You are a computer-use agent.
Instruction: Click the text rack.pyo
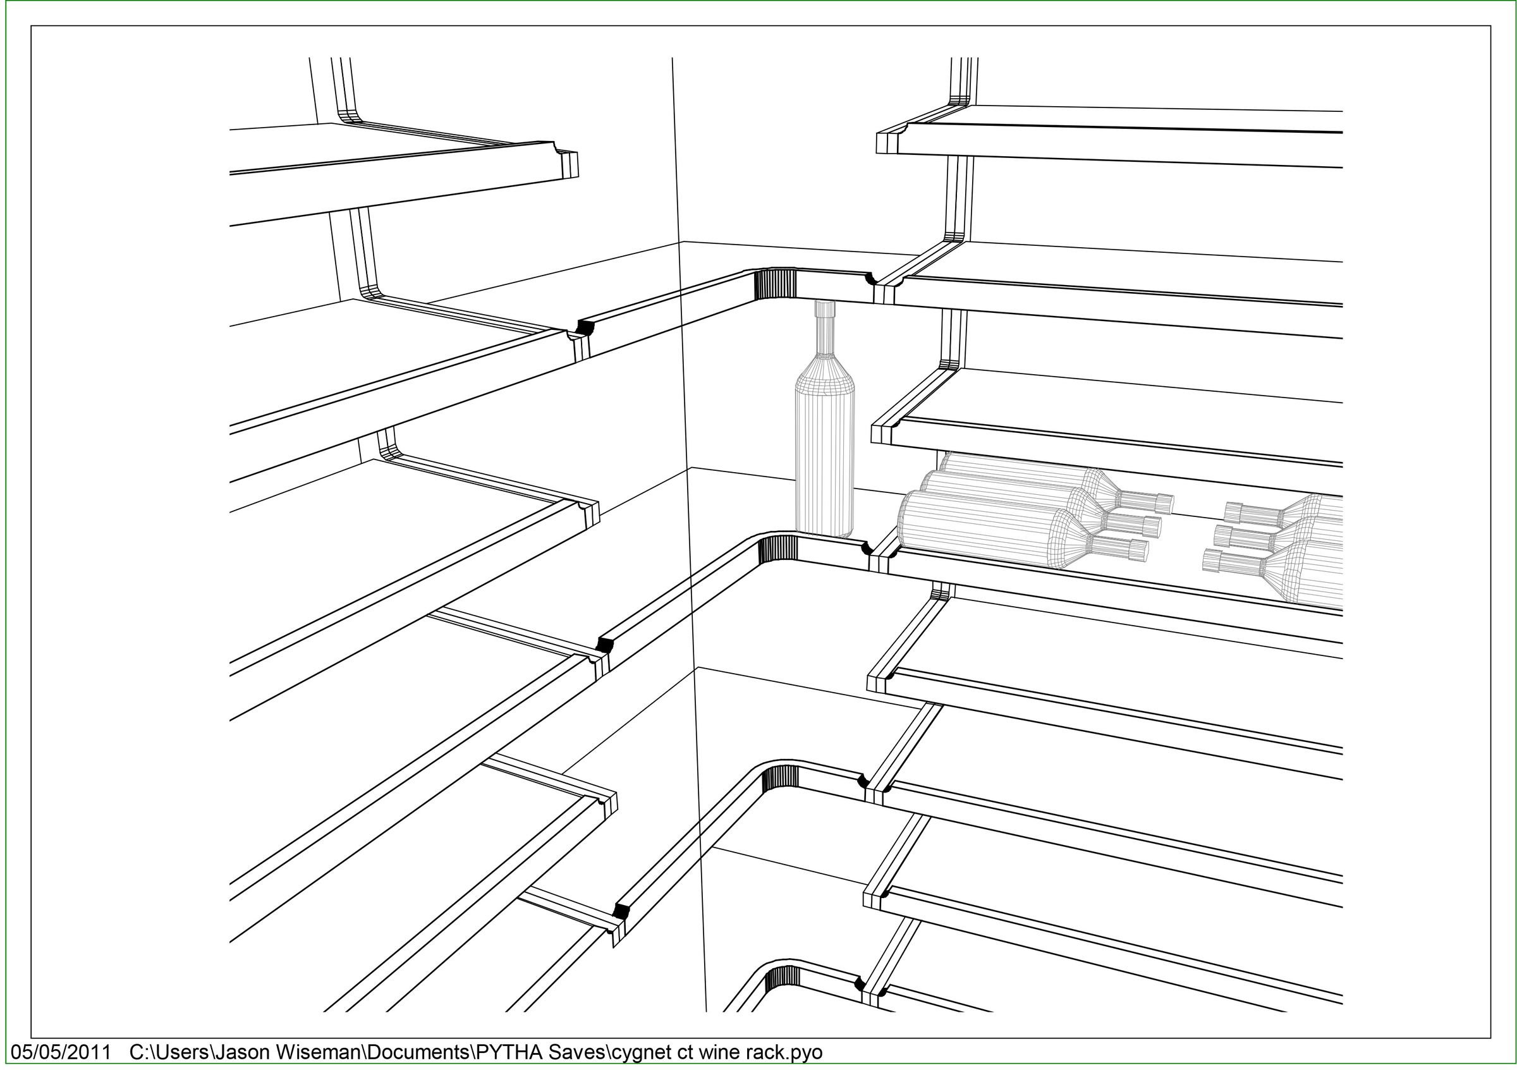(x=784, y=1053)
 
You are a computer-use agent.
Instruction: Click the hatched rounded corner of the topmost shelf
(x=776, y=283)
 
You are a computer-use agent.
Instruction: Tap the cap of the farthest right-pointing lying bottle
(x=1164, y=504)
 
